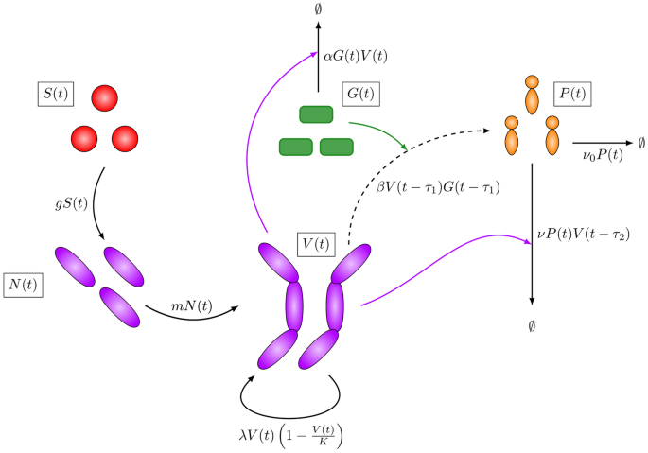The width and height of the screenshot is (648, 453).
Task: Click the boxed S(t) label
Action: [x=54, y=96]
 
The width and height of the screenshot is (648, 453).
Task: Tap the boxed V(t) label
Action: [x=316, y=243]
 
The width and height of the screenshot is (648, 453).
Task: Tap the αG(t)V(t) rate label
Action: [x=357, y=57]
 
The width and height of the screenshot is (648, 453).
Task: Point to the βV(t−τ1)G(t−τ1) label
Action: [x=438, y=188]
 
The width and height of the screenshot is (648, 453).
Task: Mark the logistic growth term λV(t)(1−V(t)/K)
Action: [x=291, y=435]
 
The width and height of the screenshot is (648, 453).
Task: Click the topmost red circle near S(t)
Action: [x=104, y=97]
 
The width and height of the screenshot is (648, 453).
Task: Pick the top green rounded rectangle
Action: [x=316, y=114]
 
